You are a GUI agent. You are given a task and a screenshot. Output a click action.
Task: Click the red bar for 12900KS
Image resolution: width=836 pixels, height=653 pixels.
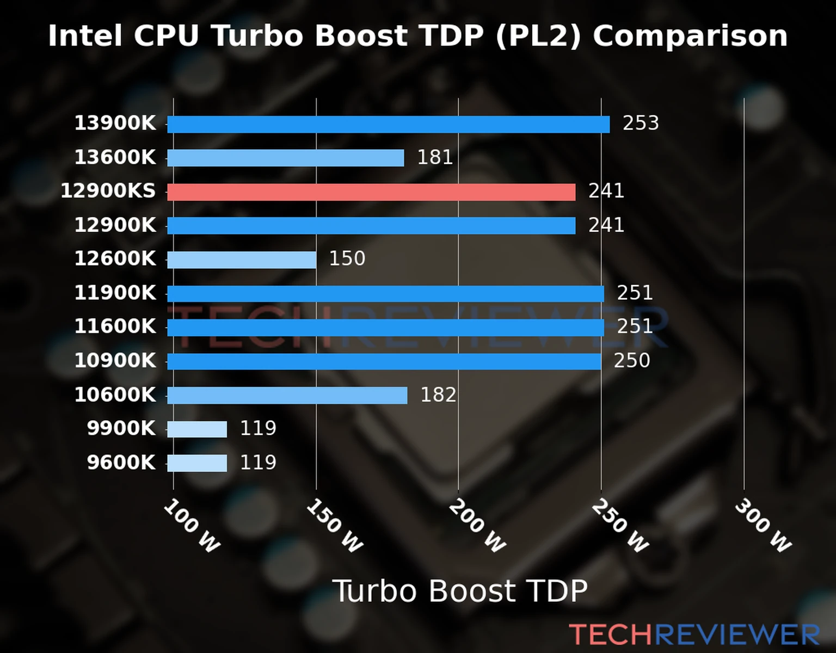(x=371, y=192)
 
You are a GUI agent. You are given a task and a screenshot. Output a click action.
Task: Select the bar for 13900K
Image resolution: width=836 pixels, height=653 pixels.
(x=388, y=124)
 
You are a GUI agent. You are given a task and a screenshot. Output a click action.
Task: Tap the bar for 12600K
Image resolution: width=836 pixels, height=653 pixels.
(x=242, y=260)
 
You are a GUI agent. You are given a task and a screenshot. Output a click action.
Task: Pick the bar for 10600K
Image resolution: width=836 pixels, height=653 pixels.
(x=287, y=396)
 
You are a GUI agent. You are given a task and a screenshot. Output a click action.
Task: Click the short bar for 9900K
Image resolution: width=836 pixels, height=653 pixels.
(x=197, y=429)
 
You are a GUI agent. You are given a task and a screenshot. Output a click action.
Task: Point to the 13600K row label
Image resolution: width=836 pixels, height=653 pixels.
(x=115, y=157)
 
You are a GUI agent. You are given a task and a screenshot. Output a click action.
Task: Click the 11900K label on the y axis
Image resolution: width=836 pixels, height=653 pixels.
(x=115, y=293)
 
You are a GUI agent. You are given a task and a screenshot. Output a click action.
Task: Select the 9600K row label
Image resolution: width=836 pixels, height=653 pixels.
(x=121, y=463)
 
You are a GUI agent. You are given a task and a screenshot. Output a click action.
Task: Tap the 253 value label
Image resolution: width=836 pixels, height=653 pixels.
(x=641, y=123)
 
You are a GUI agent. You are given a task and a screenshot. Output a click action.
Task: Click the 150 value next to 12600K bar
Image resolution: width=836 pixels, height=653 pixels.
(x=347, y=258)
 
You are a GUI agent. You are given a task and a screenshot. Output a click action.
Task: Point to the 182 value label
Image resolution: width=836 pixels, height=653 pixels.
(x=438, y=395)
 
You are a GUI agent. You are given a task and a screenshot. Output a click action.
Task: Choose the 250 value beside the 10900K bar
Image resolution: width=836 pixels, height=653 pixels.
(x=632, y=360)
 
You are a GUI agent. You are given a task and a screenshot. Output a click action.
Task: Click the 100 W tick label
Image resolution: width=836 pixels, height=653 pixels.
(x=192, y=526)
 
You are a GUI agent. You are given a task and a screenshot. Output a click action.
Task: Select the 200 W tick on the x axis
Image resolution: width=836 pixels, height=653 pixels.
(x=477, y=526)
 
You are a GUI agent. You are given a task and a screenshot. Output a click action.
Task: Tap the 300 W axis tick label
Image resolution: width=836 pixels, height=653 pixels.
(x=763, y=526)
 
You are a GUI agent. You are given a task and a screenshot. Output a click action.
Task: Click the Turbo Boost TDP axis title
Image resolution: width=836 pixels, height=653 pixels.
(x=460, y=591)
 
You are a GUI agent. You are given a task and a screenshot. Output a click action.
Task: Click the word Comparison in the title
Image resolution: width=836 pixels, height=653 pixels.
(x=690, y=36)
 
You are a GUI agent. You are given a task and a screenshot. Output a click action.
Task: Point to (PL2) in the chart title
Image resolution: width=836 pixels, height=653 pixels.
(x=538, y=36)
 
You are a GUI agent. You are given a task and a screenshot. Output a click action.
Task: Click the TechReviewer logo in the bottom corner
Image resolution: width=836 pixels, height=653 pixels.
(x=694, y=634)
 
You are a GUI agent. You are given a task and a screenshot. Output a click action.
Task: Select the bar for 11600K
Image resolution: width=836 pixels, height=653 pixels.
(x=385, y=328)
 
